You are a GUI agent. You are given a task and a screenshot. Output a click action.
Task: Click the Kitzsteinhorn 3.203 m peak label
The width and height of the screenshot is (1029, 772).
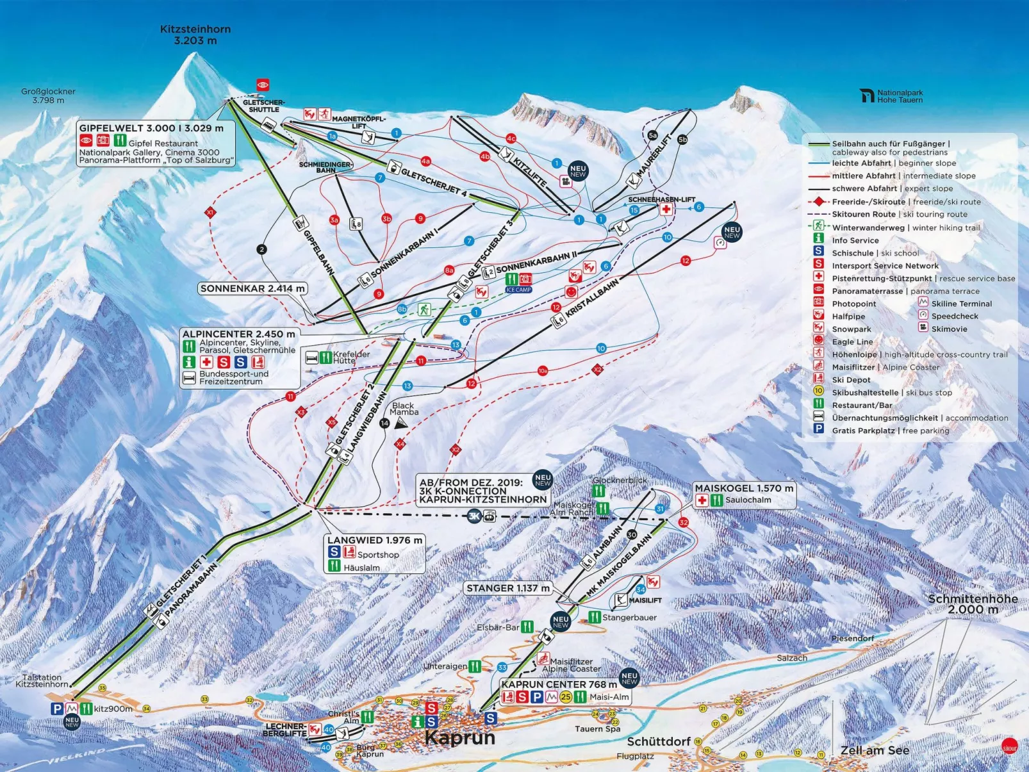click(x=195, y=35)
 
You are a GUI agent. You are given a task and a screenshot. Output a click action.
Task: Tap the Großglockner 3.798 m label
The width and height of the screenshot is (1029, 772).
click(x=48, y=95)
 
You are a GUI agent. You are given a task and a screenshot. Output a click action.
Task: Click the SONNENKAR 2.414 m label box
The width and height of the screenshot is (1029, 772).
click(x=252, y=288)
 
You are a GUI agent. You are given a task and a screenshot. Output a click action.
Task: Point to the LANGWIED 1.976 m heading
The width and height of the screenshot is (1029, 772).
click(x=374, y=540)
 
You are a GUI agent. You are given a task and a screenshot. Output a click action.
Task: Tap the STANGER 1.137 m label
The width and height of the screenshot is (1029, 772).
click(x=507, y=588)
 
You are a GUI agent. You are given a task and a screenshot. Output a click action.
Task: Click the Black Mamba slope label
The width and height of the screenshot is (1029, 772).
click(x=404, y=409)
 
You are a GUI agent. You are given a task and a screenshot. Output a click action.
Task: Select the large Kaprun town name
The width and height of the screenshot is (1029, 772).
click(x=459, y=737)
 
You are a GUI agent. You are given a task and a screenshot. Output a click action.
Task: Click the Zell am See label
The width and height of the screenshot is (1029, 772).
click(x=875, y=750)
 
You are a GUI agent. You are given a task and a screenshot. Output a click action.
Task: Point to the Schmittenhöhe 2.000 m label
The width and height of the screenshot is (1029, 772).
click(x=973, y=604)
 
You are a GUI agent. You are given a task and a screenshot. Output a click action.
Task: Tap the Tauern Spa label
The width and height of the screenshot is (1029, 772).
click(x=597, y=728)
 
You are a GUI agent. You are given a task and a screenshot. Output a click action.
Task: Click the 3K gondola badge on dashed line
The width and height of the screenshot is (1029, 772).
click(x=474, y=516)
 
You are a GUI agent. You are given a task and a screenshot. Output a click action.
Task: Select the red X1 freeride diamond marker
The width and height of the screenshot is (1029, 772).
click(x=210, y=212)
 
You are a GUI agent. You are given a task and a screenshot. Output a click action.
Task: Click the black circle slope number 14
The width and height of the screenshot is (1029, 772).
click(x=384, y=423)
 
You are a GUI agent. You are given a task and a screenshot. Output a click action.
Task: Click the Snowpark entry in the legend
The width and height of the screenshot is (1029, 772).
click(x=851, y=329)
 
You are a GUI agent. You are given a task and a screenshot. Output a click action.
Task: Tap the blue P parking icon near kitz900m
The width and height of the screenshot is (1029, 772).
click(x=57, y=708)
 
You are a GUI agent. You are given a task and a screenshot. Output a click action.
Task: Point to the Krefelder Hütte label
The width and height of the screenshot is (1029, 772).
click(x=351, y=357)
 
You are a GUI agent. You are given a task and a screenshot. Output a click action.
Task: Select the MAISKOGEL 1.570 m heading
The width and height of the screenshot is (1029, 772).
click(x=743, y=488)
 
